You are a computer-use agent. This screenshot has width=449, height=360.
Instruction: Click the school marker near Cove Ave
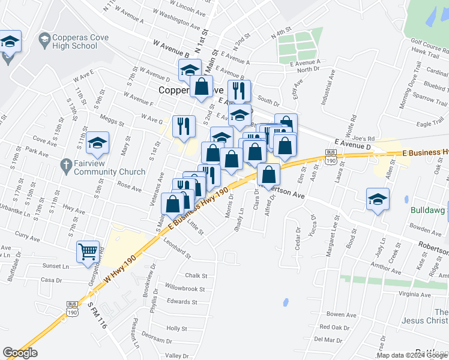point(97,143)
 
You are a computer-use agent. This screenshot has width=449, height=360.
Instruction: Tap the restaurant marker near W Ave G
point(184,126)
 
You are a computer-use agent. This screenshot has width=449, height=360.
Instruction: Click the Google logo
point(20,353)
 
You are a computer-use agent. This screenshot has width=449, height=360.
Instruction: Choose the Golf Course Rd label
point(429,42)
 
